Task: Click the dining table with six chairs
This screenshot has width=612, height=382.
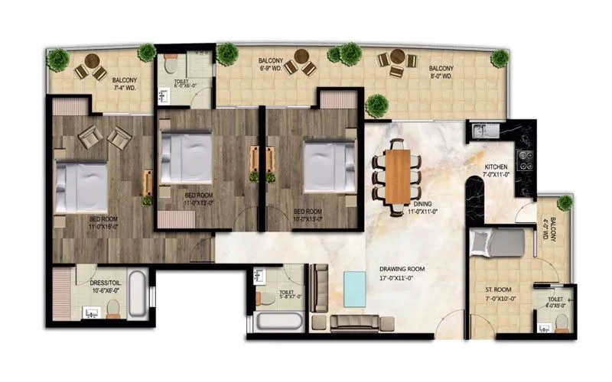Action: [x=397, y=176]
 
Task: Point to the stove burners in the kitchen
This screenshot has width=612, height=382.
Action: [x=526, y=159]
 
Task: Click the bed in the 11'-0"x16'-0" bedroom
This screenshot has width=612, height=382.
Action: [x=81, y=186]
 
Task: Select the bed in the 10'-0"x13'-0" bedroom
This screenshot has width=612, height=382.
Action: [x=328, y=164]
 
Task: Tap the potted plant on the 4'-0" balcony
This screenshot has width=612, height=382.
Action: [x=565, y=203]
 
